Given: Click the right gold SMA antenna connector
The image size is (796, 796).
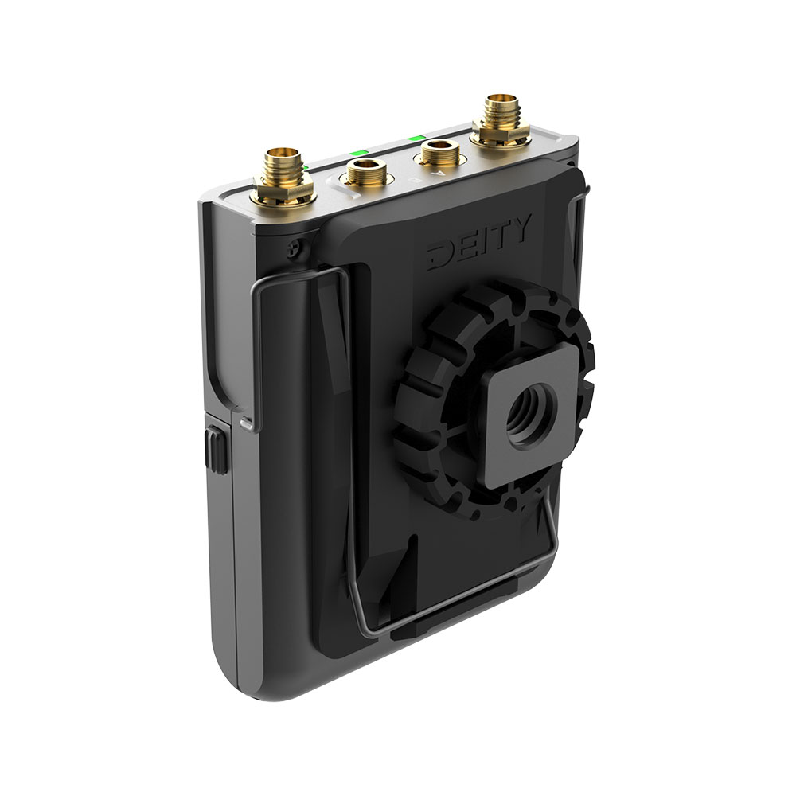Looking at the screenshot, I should click(x=501, y=119).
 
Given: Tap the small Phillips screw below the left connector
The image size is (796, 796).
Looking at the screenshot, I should click(x=295, y=249).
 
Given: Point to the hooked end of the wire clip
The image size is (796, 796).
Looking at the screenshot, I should click(x=248, y=422).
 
